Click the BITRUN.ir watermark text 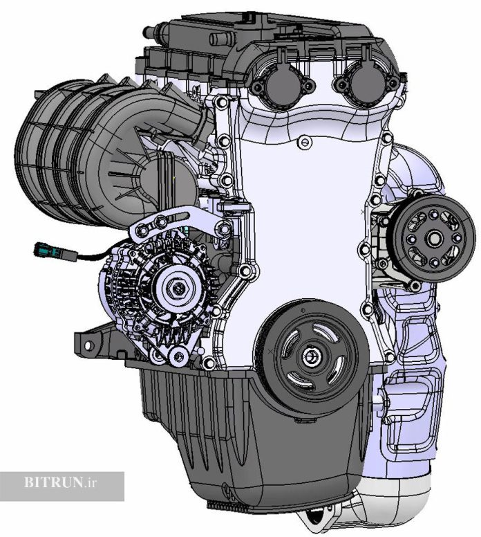tap(60, 482)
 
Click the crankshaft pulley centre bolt tap(310, 356)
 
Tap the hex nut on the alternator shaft tap(178, 288)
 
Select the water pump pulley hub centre tap(435, 238)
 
